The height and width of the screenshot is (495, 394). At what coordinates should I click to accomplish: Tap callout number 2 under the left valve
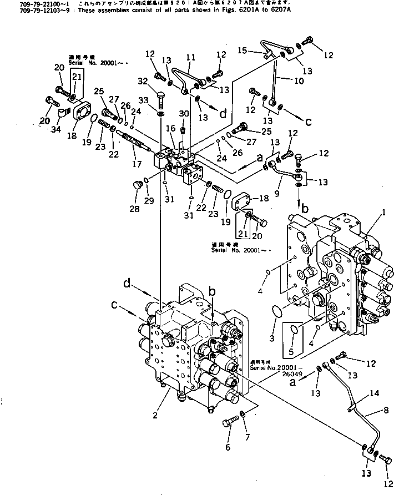(x=156, y=415)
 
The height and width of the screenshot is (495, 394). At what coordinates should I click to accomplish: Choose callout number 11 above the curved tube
(x=190, y=57)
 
